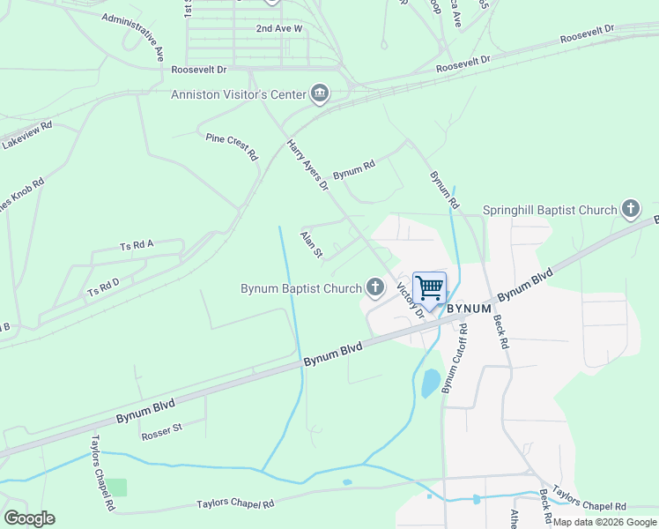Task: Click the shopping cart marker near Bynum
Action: (x=429, y=288)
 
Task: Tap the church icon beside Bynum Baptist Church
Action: (x=376, y=287)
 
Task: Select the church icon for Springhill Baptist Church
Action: (x=631, y=209)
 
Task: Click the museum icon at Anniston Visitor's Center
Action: (x=319, y=93)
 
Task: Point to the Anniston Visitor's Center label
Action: (x=238, y=94)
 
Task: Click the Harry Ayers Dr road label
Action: (x=307, y=165)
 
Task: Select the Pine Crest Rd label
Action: (x=232, y=146)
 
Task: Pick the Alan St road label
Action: (x=312, y=244)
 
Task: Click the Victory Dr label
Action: (x=411, y=300)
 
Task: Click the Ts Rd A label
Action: (x=137, y=245)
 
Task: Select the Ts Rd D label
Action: (x=103, y=287)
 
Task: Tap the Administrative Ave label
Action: (x=133, y=36)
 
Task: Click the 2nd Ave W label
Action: (x=278, y=28)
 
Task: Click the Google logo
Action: (x=29, y=518)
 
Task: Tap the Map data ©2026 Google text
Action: (x=604, y=522)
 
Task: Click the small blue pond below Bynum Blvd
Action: (x=430, y=384)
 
